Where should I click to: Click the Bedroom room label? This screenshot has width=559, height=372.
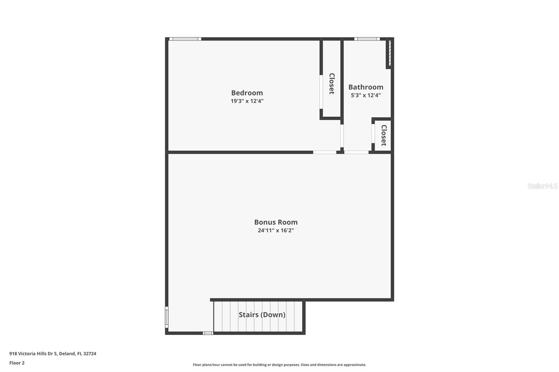247,93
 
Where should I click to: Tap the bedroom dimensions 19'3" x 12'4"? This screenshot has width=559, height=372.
247,101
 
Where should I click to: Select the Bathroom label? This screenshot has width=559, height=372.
365,87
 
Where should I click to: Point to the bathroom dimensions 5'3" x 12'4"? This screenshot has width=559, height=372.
365,95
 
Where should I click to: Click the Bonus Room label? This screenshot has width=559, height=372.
276,222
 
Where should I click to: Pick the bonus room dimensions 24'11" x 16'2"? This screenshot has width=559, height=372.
276,230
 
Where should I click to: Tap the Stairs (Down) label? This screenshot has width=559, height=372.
262,315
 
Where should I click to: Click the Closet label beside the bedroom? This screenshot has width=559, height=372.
332,84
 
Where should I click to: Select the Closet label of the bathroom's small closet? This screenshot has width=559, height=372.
384,135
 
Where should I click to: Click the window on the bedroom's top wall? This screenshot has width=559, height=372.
185,39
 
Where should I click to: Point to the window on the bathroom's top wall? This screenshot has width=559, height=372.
367,39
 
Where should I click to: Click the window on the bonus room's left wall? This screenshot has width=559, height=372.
167,317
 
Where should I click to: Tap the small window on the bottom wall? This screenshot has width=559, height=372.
208,333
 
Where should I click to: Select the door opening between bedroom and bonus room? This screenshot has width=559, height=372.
325,152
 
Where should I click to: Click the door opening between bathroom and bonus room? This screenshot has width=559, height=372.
356,152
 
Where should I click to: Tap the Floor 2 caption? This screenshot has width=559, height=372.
17,363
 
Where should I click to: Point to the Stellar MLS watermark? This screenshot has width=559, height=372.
542,186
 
